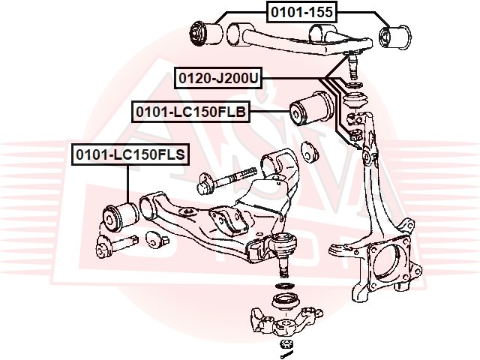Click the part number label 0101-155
tap(301, 10)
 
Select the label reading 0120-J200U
tap(218, 77)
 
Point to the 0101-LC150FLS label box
tap(130, 155)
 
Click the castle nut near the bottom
tap(285, 344)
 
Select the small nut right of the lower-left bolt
tap(156, 241)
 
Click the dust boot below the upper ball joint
tap(352, 97)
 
